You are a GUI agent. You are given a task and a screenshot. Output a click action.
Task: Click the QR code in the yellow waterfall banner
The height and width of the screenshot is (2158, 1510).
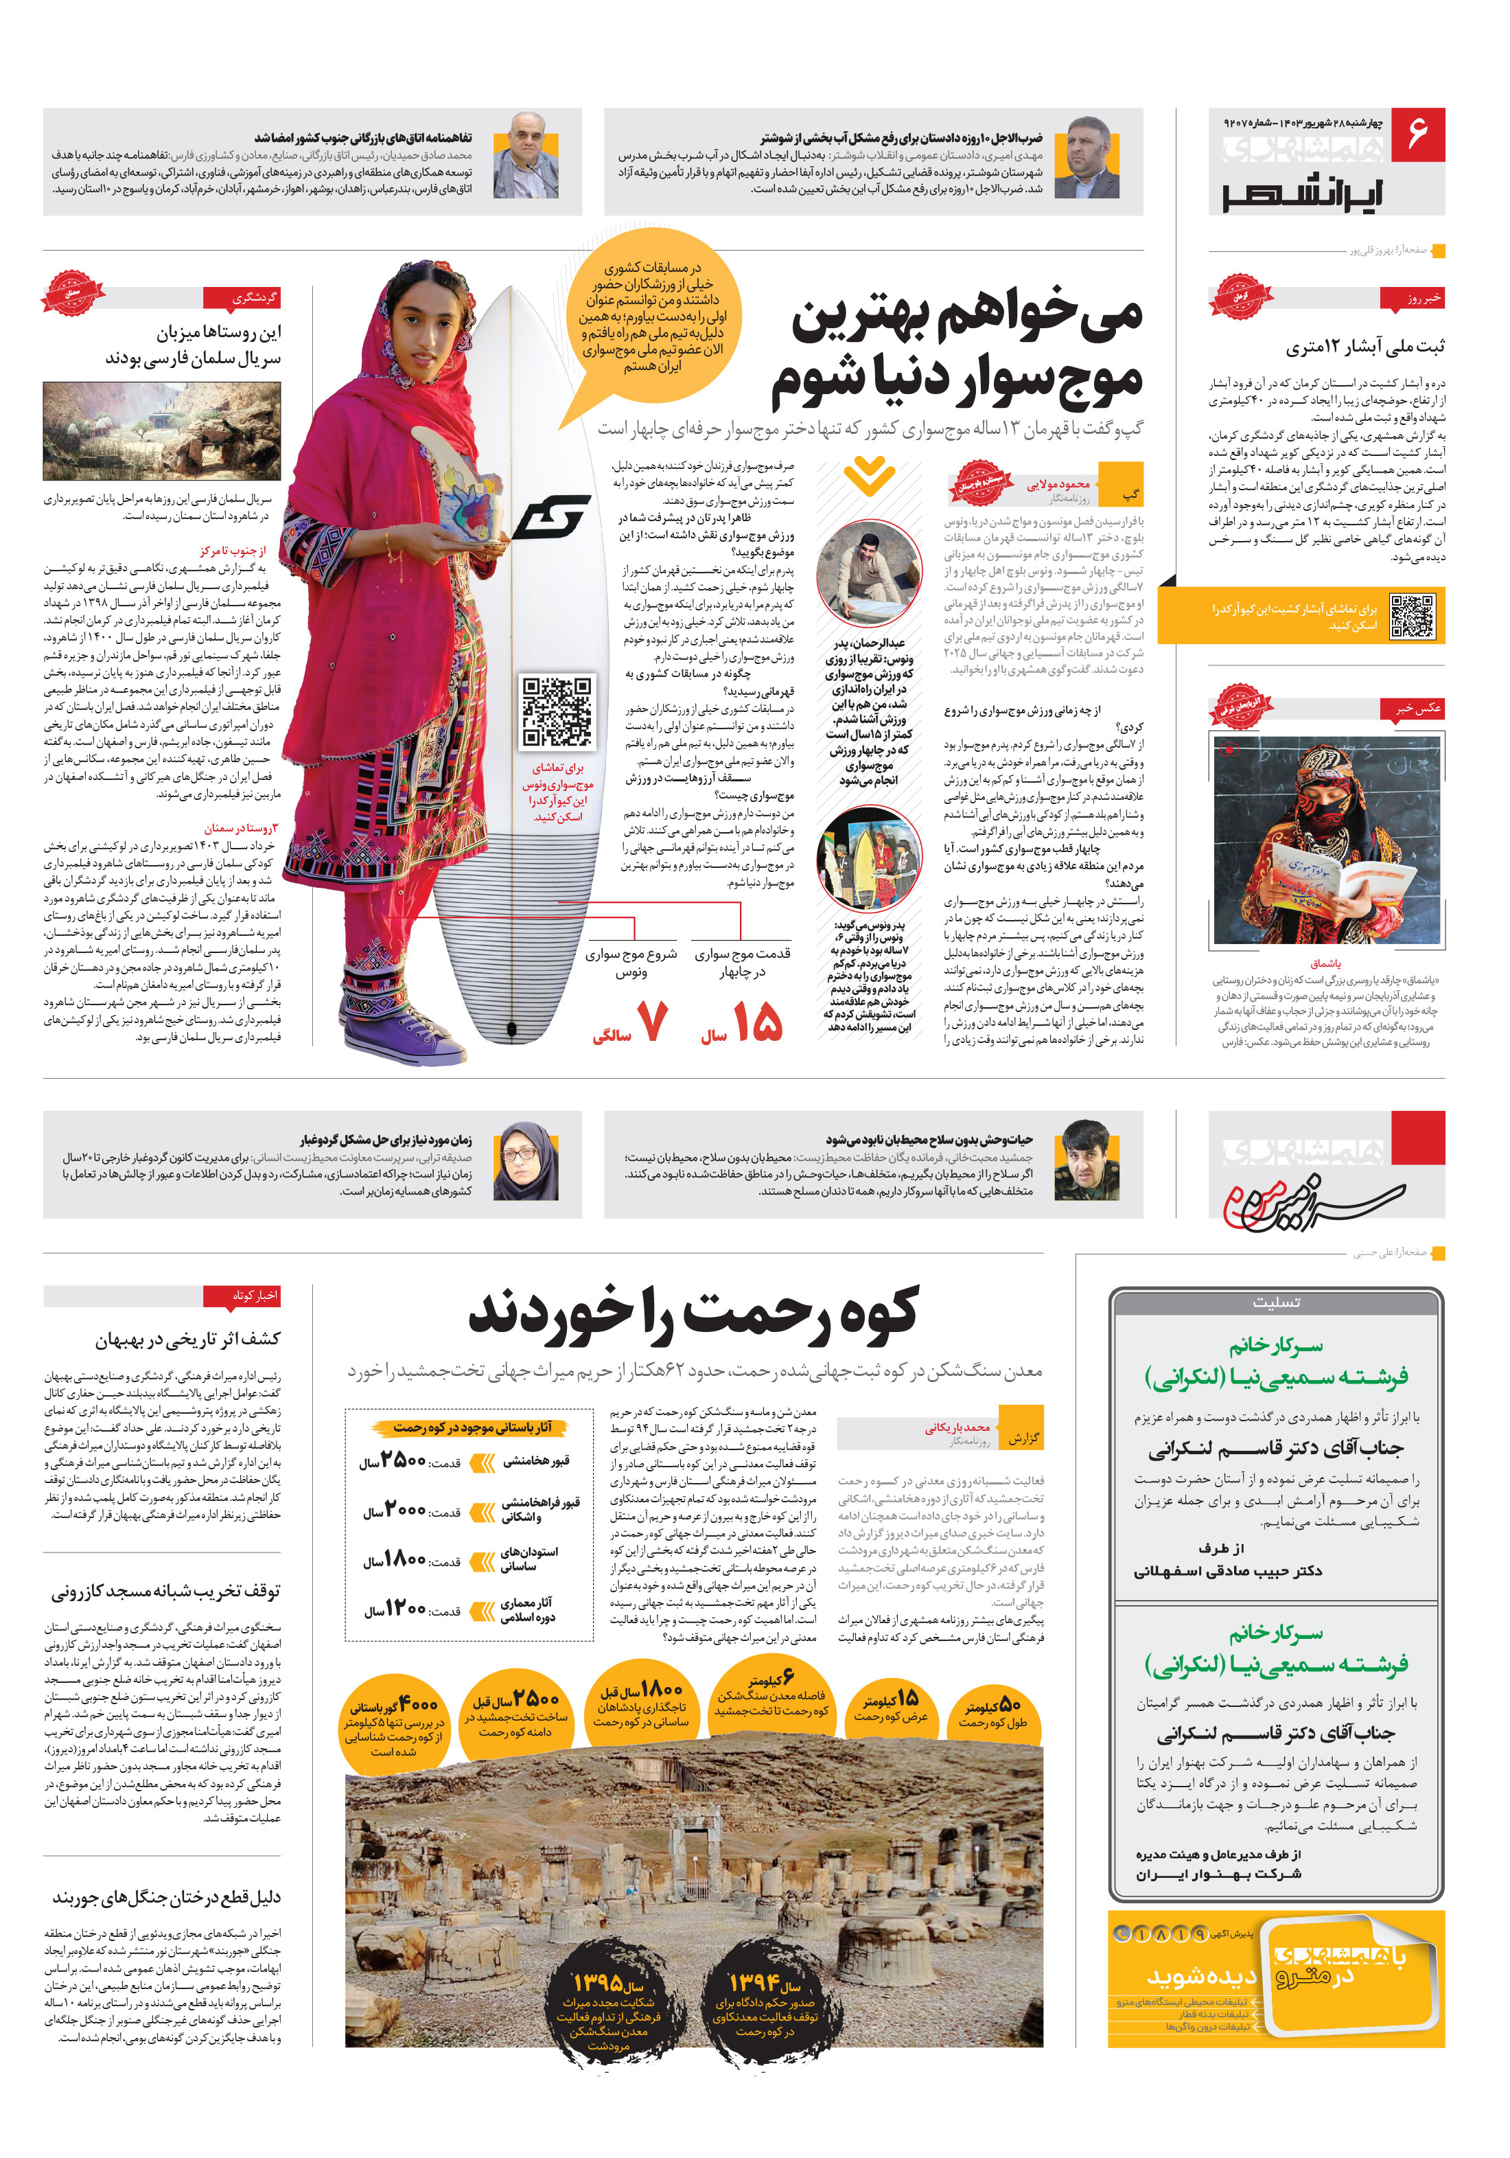(x=1413, y=617)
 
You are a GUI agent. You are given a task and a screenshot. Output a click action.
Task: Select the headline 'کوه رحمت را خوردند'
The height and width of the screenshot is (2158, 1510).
(x=693, y=1313)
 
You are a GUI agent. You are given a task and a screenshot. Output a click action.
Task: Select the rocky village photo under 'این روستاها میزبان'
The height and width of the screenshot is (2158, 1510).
(x=161, y=431)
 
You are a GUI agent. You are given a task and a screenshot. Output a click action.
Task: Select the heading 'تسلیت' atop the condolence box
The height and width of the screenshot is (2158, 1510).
(x=1275, y=1302)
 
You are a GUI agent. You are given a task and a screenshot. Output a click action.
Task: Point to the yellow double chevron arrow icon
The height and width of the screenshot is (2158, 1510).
(x=869, y=474)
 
